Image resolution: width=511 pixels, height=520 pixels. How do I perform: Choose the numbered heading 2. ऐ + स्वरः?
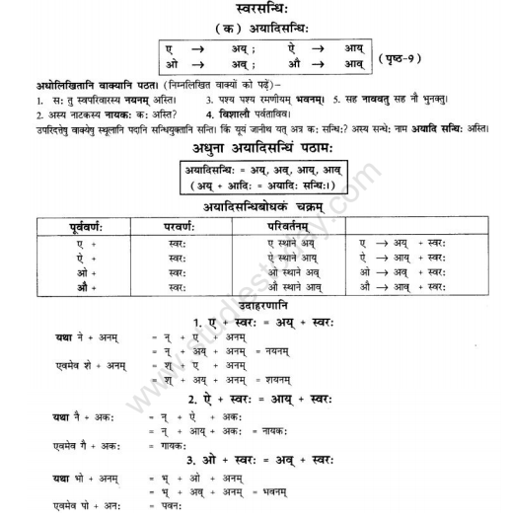[258, 399]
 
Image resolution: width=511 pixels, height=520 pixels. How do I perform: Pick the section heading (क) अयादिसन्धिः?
[259, 29]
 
